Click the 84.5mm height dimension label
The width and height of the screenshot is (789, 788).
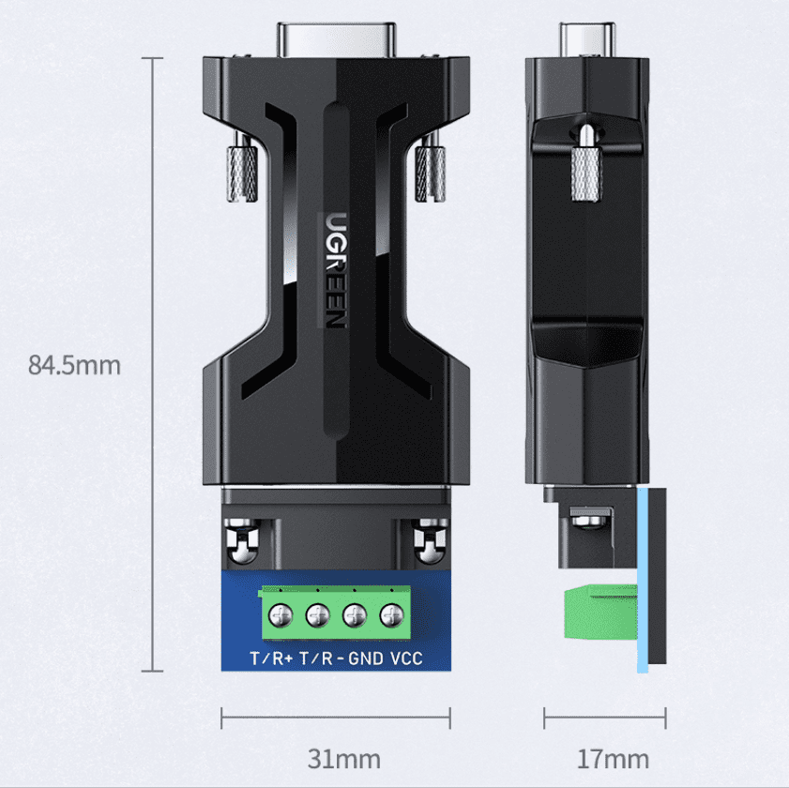coord(74,365)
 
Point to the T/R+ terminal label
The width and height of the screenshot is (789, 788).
coord(272,659)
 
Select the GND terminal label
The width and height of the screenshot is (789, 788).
coord(365,659)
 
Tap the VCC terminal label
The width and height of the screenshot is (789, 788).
coord(406,659)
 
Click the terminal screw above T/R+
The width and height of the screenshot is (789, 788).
coord(280,615)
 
